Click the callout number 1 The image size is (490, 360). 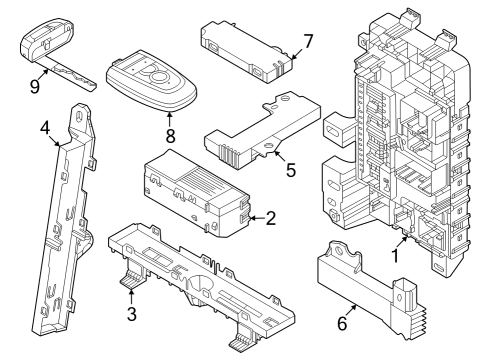tap(395, 255)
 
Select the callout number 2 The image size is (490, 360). tap(270, 217)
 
